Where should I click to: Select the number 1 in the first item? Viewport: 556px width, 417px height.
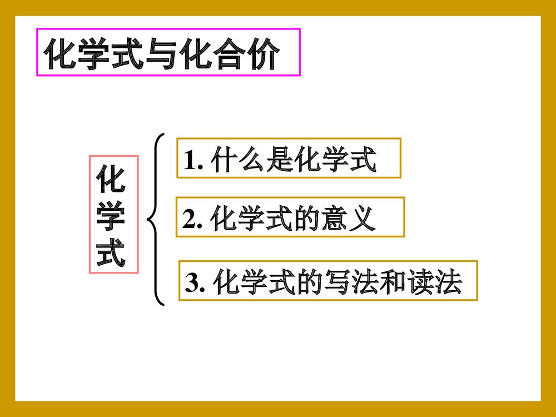(190, 161)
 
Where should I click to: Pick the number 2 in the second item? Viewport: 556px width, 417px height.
(190, 221)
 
